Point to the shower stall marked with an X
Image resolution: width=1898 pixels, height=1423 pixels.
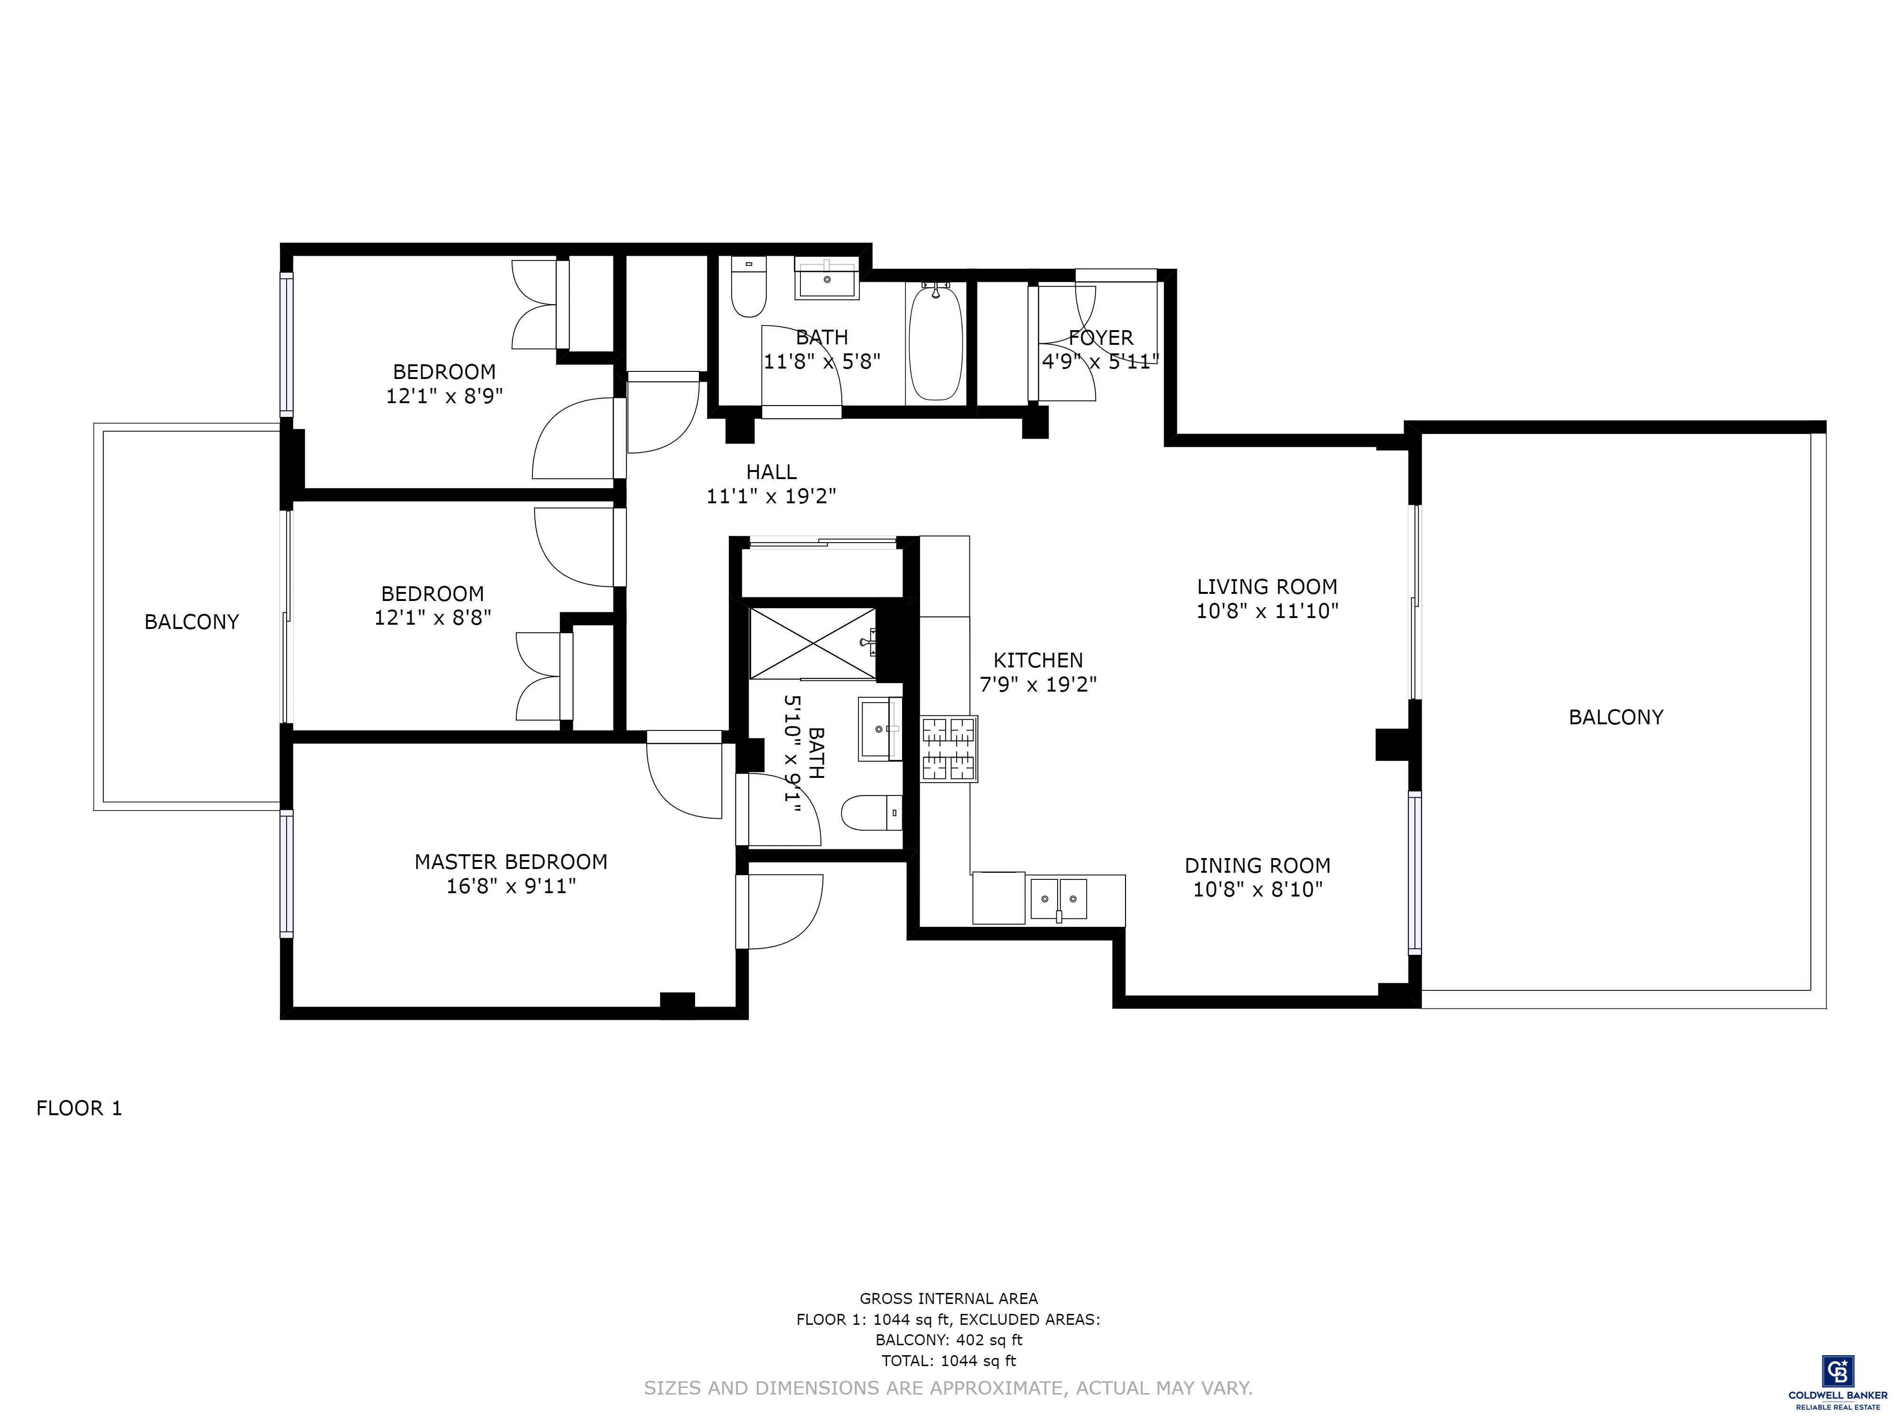tap(812, 642)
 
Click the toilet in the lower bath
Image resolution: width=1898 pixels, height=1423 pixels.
tap(869, 812)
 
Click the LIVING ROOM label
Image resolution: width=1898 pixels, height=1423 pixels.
tap(1266, 587)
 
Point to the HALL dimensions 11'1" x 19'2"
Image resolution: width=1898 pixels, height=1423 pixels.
tap(771, 496)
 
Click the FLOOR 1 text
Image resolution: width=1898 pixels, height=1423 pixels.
tap(79, 1108)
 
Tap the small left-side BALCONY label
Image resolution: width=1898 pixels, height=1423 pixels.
tap(191, 622)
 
